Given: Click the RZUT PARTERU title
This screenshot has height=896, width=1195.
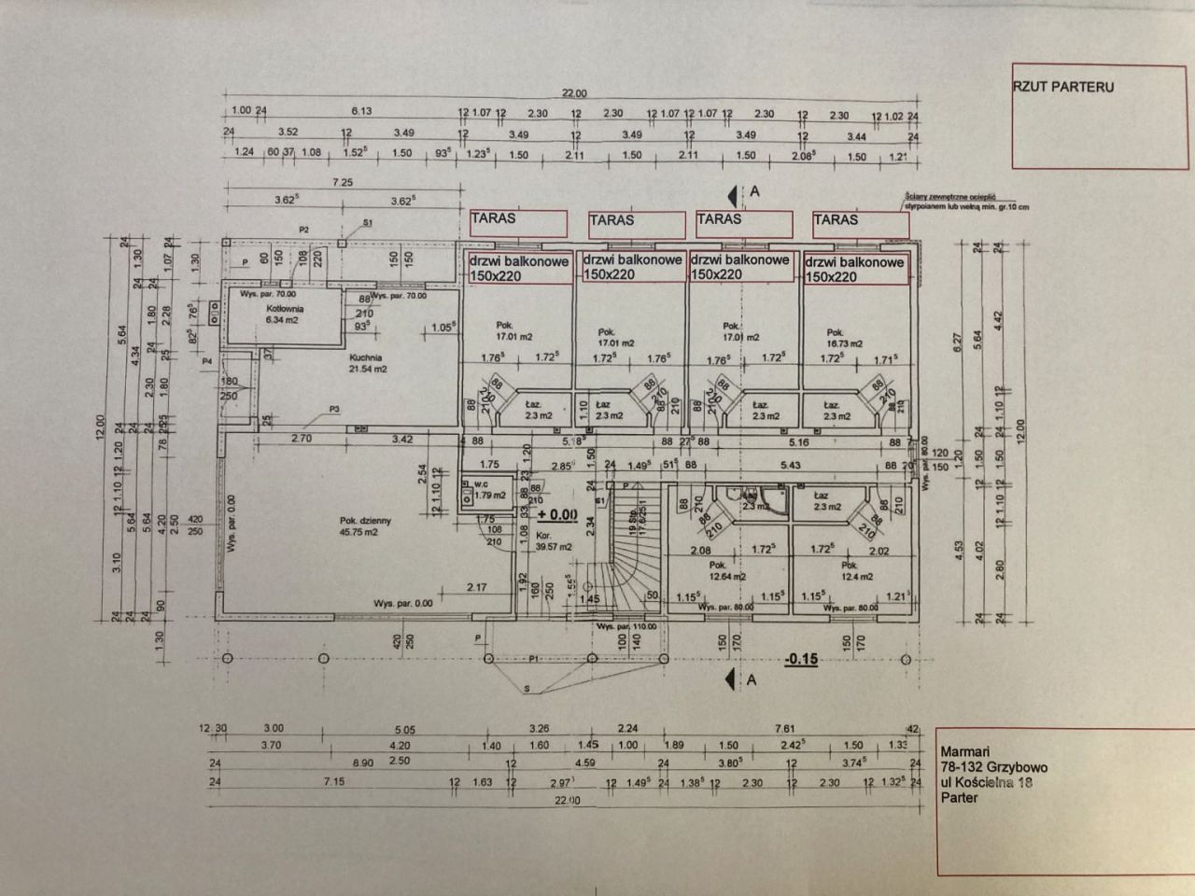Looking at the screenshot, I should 1063,87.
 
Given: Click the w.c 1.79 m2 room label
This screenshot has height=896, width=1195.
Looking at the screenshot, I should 484,490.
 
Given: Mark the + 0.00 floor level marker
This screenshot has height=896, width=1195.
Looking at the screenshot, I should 557,513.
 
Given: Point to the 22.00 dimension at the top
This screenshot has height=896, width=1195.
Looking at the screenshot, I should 574,93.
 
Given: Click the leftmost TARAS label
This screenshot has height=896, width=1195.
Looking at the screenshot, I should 493,218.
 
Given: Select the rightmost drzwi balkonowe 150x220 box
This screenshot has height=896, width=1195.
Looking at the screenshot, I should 853,270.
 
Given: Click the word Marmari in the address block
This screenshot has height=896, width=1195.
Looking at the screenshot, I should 965,752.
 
